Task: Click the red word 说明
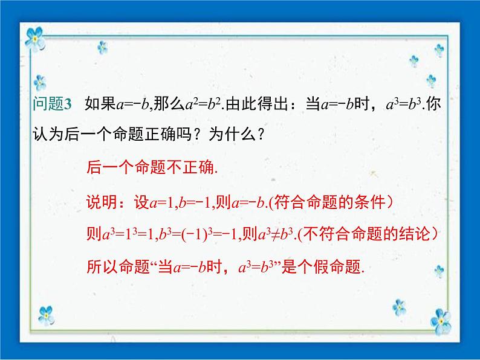coord(100,201)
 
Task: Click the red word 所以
coord(100,267)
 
